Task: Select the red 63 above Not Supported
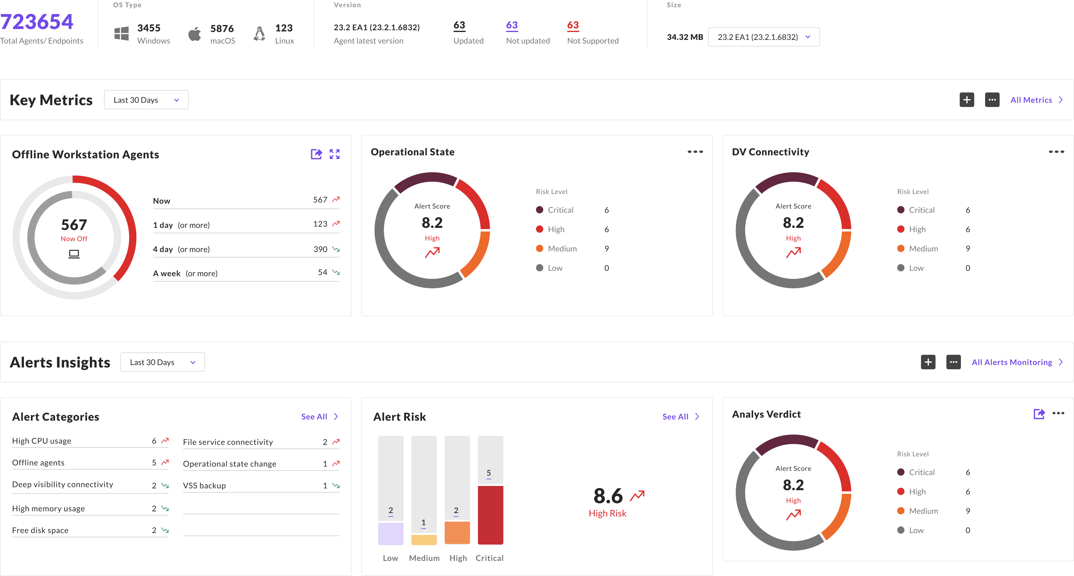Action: [573, 25]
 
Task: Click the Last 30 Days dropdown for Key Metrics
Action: [146, 100]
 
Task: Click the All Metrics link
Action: [1036, 100]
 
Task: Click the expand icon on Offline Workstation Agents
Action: [334, 154]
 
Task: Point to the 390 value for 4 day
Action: [320, 249]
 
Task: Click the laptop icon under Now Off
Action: [74, 254]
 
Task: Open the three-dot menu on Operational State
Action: [695, 152]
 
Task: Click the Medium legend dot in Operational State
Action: [539, 249]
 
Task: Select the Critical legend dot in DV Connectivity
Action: [900, 210]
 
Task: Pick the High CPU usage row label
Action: [42, 441]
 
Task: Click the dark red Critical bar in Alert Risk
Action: [490, 515]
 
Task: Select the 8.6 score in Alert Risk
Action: [608, 496]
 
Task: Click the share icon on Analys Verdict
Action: [1039, 414]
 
